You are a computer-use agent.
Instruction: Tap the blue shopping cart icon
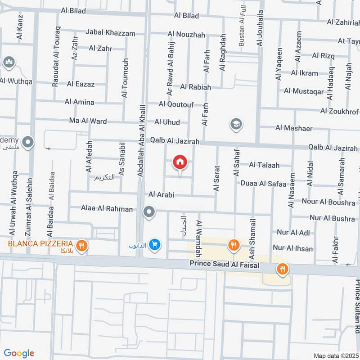[155, 244]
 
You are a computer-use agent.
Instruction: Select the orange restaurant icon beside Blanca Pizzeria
[81, 246]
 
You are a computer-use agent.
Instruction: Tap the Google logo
[19, 353]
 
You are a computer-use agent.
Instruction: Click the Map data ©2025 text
[335, 355]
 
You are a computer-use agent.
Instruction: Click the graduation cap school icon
[236, 124]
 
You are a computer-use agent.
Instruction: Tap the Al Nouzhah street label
[186, 34]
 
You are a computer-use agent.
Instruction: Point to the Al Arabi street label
[161, 195]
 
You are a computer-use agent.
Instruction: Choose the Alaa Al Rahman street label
[107, 209]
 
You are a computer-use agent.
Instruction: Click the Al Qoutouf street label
[176, 104]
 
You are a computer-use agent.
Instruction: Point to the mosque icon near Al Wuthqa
[9, 63]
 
